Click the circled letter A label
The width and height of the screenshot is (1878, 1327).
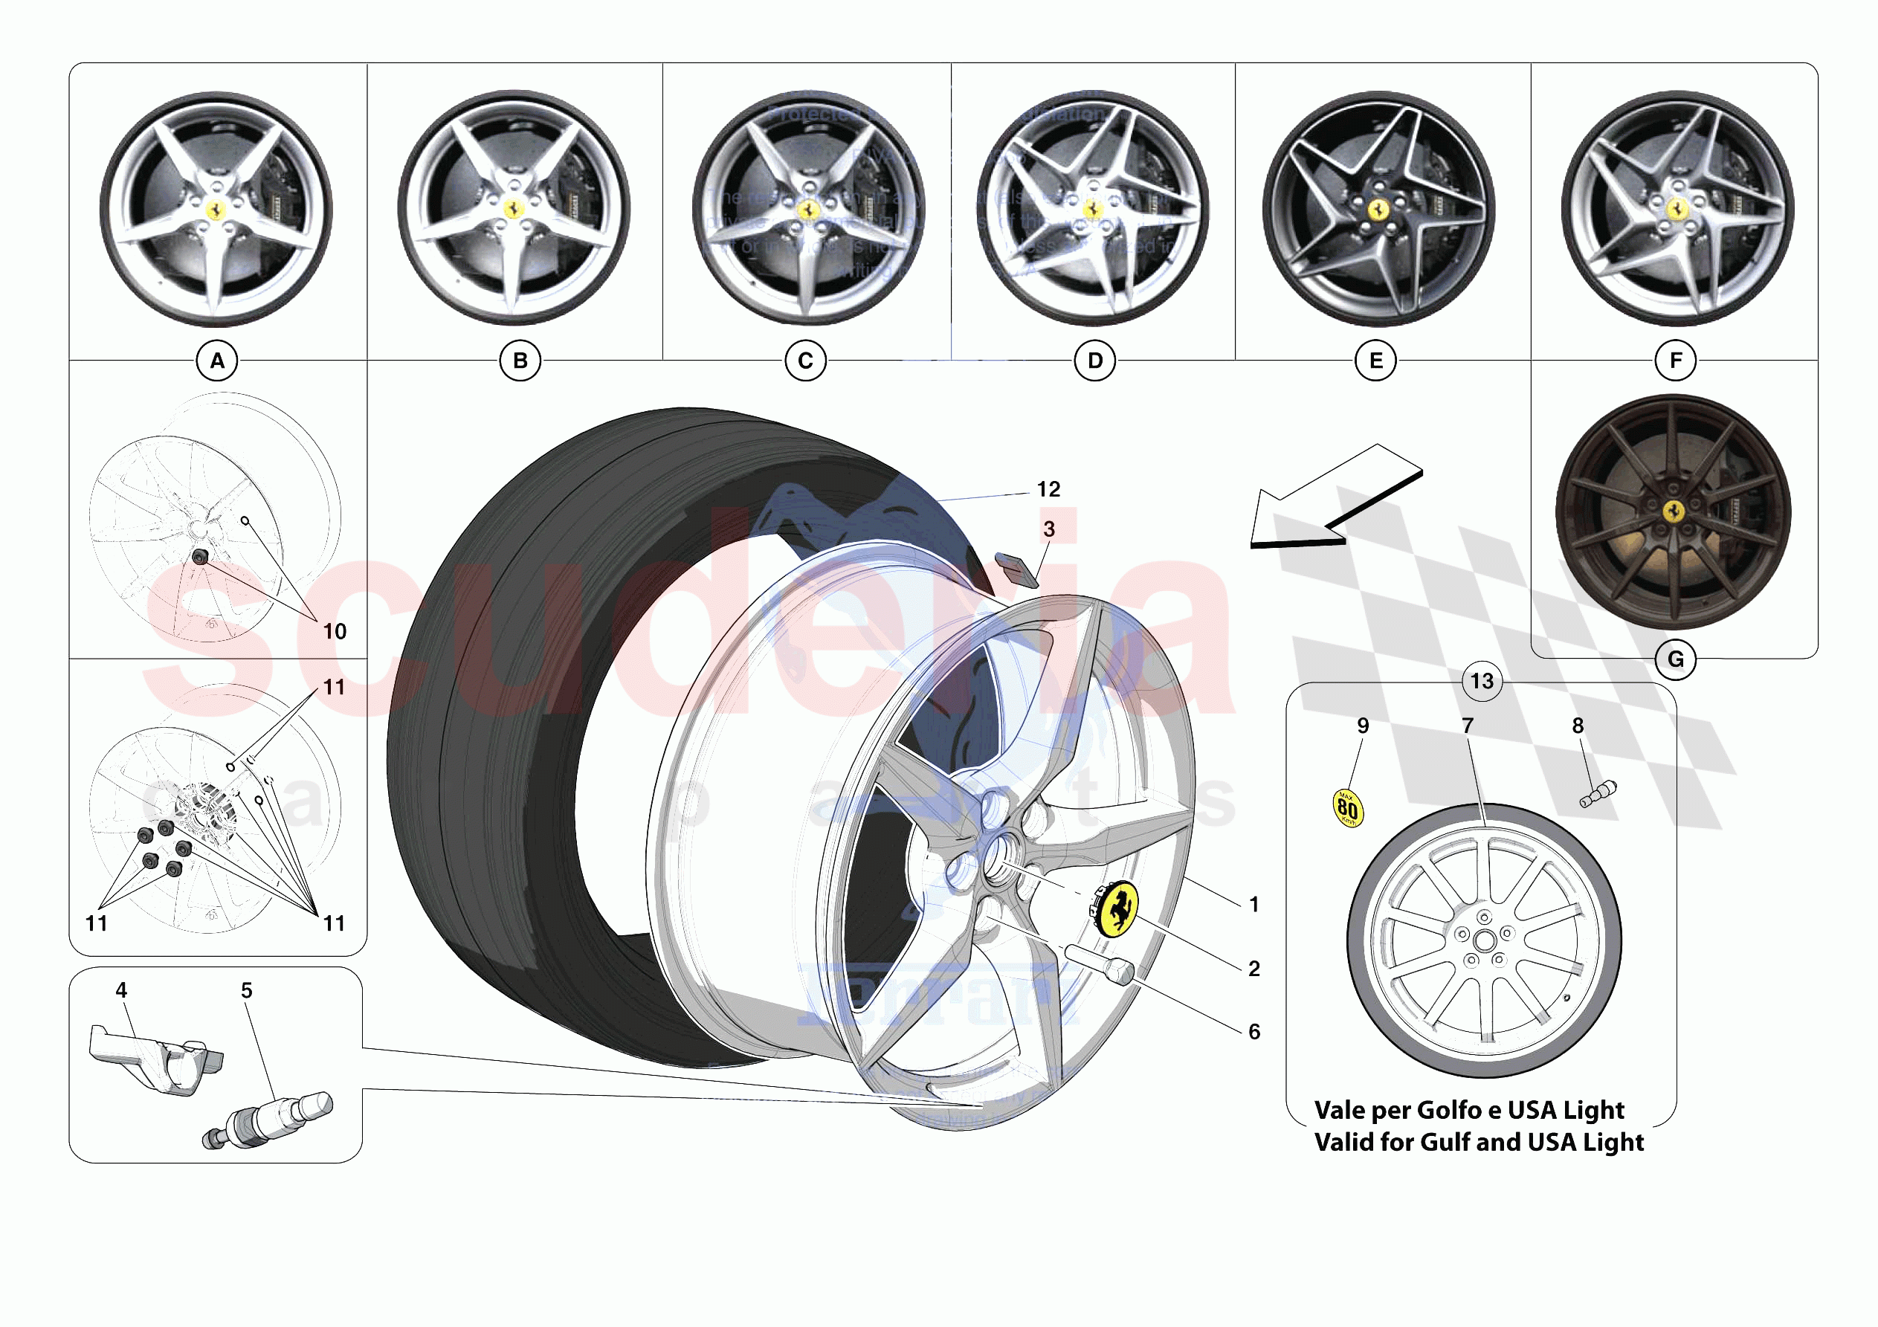[217, 361]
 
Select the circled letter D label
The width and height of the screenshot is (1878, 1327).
[1094, 361]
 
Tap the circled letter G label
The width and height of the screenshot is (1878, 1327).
[1675, 659]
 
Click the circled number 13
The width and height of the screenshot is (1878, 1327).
[1481, 682]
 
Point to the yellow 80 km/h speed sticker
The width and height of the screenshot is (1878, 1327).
[1347, 808]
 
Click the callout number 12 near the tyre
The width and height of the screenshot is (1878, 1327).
[1048, 489]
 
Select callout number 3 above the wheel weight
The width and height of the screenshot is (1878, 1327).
[1048, 529]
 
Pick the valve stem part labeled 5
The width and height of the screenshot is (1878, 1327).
[270, 1119]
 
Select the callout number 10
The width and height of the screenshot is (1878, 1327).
[335, 632]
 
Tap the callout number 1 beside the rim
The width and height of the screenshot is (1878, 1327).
[1253, 905]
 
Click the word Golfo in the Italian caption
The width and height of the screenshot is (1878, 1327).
[1448, 1110]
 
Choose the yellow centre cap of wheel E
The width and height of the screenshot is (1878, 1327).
[1378, 210]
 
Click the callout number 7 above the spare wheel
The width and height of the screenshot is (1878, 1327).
[1468, 726]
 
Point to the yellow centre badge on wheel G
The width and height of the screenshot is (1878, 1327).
[1674, 511]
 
